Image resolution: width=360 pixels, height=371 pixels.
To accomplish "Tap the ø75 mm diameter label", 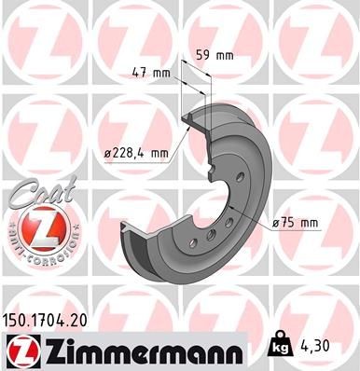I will coord(298,222).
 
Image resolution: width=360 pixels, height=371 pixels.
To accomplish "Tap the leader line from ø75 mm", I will coord(256,221).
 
